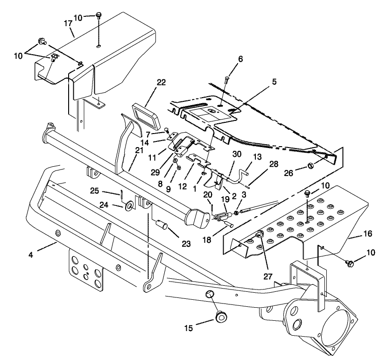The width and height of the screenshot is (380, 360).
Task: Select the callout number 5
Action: click(x=274, y=81)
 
